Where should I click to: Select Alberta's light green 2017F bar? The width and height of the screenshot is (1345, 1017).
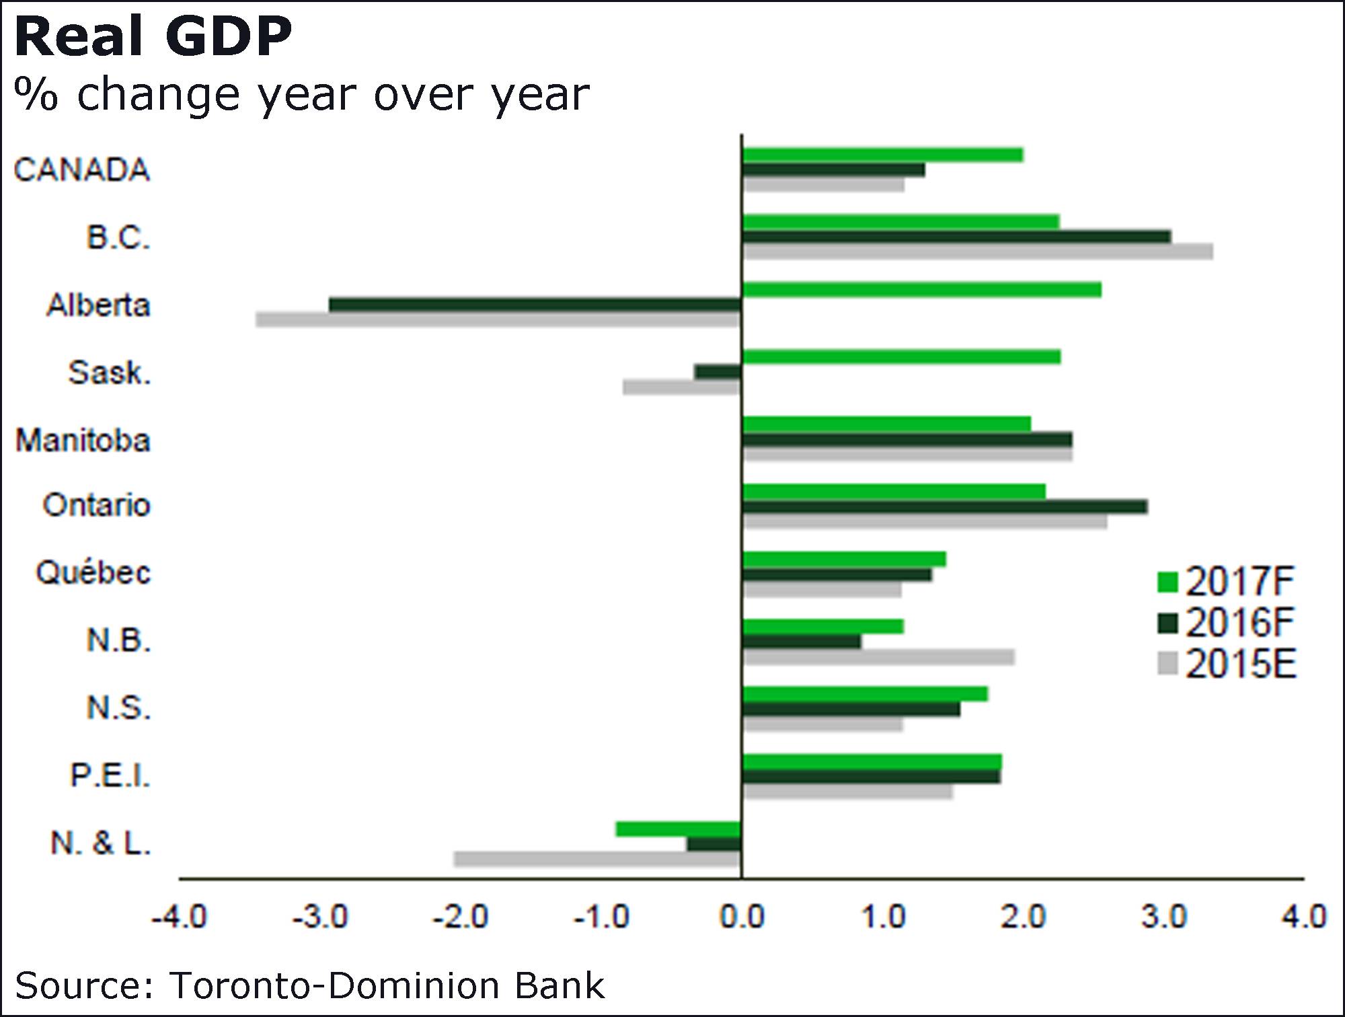click(x=921, y=290)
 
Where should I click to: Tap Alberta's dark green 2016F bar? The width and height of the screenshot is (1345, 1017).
click(x=535, y=305)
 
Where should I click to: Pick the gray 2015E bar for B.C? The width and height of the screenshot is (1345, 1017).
click(x=977, y=252)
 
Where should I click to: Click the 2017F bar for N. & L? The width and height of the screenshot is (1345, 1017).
click(x=679, y=829)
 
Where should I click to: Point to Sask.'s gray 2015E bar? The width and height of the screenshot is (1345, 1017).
click(x=682, y=387)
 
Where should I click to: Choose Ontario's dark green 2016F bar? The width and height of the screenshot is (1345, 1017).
click(x=944, y=506)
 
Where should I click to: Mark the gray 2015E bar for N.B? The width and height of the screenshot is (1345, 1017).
click(x=878, y=656)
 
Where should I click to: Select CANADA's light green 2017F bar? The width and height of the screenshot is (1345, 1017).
click(x=882, y=155)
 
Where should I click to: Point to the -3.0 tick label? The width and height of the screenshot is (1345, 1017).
click(x=320, y=917)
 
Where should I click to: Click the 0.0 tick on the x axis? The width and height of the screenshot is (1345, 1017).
click(x=742, y=917)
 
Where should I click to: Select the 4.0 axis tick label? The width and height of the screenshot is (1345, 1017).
click(x=1303, y=917)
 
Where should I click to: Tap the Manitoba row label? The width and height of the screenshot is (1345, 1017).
click(x=83, y=441)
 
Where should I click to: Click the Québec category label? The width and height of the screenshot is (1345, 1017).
click(x=93, y=573)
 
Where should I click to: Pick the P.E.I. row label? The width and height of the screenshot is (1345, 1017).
click(x=110, y=776)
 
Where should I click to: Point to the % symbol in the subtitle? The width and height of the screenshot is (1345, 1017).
click(x=36, y=93)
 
